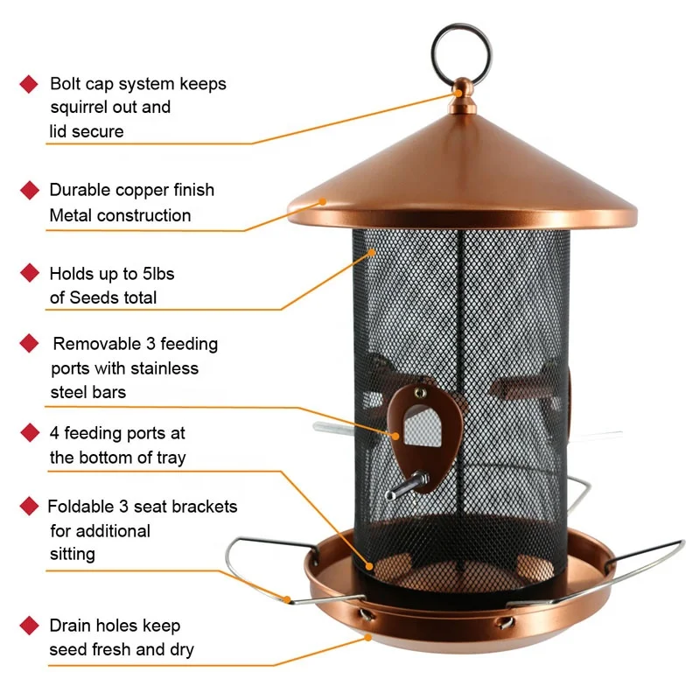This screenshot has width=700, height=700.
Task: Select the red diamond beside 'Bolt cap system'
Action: click(x=29, y=84)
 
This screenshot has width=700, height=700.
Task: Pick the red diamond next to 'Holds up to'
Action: click(x=29, y=273)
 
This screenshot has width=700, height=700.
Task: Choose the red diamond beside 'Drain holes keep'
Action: click(x=29, y=625)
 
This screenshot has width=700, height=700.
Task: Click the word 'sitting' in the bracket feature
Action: click(x=73, y=554)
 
